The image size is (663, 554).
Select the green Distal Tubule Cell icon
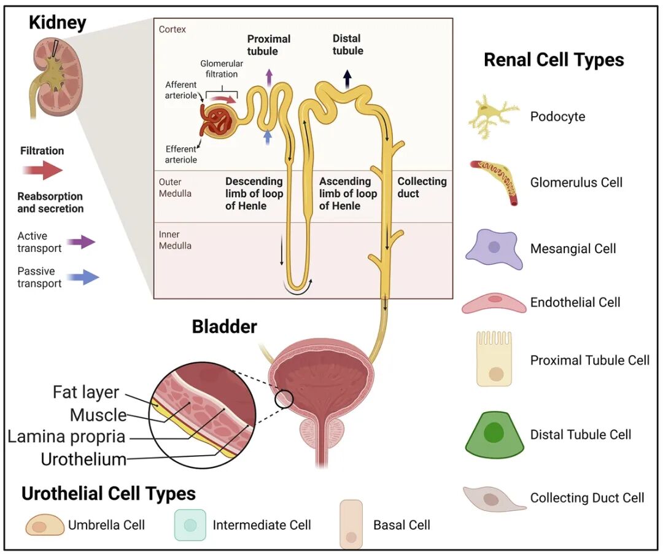tap(494, 435)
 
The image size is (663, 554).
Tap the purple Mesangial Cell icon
tap(494, 249)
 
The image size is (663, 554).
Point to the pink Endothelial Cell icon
tap(494, 303)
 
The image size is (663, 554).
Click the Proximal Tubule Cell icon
tap(494, 359)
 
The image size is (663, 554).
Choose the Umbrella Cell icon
tap(45, 525)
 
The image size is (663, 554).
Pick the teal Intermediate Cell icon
tap(190, 525)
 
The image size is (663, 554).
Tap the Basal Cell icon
tap(351, 525)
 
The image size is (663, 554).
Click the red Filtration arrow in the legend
tap(42, 170)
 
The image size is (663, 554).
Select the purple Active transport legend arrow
tap(81, 242)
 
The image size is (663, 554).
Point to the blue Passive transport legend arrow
tap(83, 278)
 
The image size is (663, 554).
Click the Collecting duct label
tap(422, 187)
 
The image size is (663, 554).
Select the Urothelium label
tap(83, 459)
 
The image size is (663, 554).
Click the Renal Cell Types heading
tap(554, 60)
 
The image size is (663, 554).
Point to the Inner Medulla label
tap(175, 240)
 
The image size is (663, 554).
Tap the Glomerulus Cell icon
tap(494, 182)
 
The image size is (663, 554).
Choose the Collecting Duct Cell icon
tap(494, 499)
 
